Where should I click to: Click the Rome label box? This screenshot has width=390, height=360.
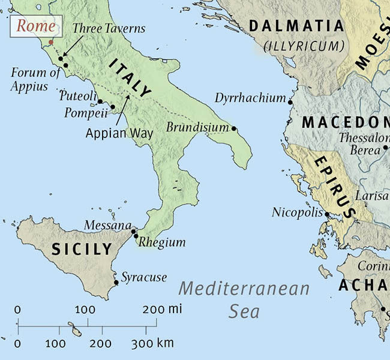click(x=35, y=26)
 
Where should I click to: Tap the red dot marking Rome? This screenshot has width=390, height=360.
click(x=51, y=42)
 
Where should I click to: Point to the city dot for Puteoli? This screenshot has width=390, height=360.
click(x=100, y=101)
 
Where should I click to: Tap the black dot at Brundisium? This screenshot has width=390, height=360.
click(x=234, y=128)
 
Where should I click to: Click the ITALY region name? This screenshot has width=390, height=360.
click(x=130, y=78)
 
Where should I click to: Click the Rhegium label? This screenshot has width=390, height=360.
click(x=162, y=242)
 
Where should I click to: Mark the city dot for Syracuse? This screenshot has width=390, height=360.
click(x=116, y=282)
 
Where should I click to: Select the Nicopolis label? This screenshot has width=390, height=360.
click(x=297, y=212)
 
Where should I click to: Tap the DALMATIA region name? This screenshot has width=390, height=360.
click(x=296, y=26)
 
